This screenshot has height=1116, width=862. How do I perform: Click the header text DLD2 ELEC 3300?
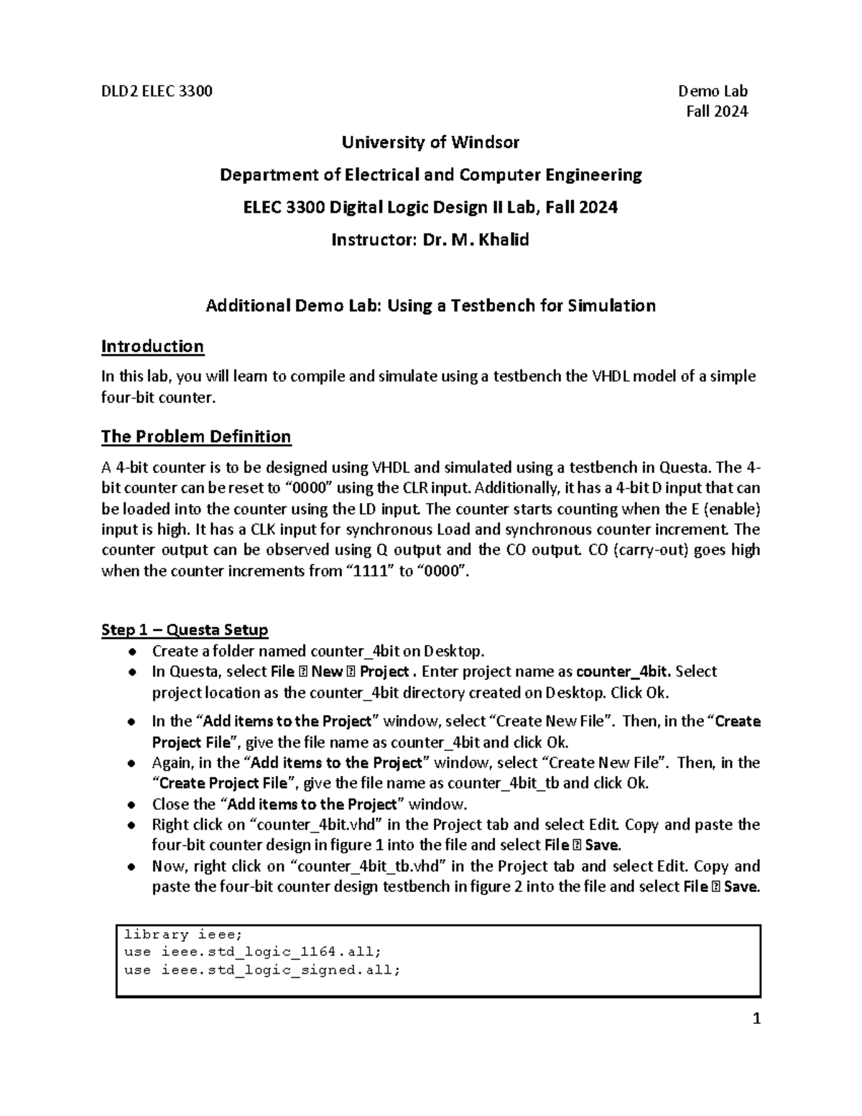tap(157, 91)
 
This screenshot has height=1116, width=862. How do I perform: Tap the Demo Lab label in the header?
tap(713, 91)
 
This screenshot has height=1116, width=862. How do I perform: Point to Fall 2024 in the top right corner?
tap(717, 111)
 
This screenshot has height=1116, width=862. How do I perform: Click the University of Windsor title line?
tap(430, 142)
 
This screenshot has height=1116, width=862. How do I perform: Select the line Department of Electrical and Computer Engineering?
tap(430, 175)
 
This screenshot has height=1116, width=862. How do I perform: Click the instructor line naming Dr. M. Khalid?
tap(430, 240)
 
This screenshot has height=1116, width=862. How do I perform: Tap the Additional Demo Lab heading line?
tap(430, 305)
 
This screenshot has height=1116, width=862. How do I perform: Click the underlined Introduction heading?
tap(152, 346)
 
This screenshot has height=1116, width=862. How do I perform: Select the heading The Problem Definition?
tap(196, 436)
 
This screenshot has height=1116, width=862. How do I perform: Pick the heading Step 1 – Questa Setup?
tap(185, 630)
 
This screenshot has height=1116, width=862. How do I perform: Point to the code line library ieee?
tap(184, 935)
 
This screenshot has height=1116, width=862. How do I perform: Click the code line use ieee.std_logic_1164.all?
tap(252, 952)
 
